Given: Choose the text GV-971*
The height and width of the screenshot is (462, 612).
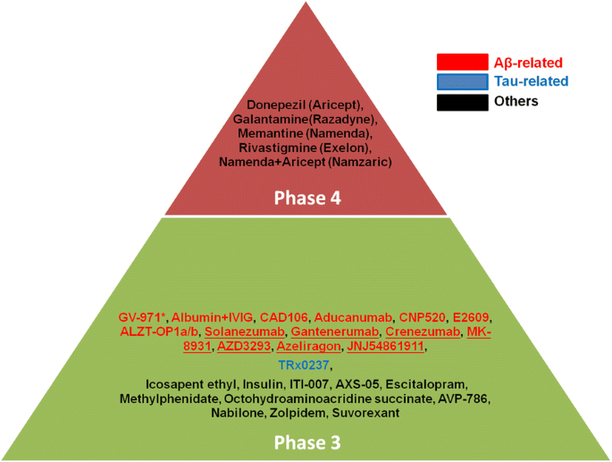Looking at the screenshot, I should pyautogui.click(x=142, y=317).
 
